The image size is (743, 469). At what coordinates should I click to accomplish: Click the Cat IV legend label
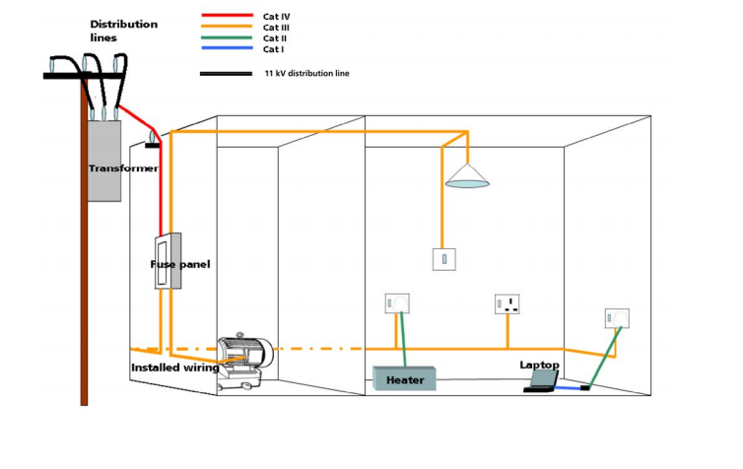coord(276,17)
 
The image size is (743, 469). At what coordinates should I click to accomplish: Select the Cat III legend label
coord(276,28)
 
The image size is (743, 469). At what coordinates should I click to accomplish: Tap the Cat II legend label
coord(274,38)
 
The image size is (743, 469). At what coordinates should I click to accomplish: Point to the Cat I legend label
coord(273,49)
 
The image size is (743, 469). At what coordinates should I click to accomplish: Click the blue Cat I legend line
coord(227,48)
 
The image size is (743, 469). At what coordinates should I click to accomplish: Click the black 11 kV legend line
coord(226,74)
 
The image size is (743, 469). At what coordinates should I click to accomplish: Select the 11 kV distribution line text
coord(307,74)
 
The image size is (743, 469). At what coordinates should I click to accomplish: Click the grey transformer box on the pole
coord(104,161)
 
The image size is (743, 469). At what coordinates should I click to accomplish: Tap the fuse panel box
coord(168,261)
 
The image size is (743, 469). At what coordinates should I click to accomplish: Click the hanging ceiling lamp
coord(467,175)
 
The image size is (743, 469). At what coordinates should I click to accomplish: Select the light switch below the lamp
coord(444,259)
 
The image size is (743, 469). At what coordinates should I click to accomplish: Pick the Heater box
coord(404,378)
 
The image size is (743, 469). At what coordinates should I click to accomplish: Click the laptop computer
coord(541,382)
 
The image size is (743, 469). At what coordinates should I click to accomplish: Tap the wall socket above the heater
coord(397,303)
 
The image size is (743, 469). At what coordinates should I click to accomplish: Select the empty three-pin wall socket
coord(507,304)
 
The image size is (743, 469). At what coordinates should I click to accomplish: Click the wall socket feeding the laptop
coord(617,318)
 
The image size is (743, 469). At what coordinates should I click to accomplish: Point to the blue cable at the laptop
coord(568,388)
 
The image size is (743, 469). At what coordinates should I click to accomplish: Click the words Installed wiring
coord(175,368)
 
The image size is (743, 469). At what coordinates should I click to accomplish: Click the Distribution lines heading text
coord(124,31)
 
